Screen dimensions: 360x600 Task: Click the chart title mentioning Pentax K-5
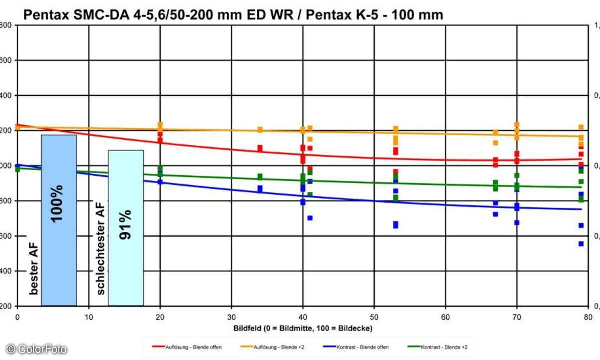point(233,15)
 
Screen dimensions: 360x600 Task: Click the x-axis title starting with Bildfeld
point(303,328)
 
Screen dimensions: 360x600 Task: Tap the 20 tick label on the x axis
point(160,317)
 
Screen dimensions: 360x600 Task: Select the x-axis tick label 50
point(374,317)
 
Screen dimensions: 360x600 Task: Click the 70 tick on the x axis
point(517,317)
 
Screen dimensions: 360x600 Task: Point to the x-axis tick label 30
point(231,317)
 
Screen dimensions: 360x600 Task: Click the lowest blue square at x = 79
point(581,244)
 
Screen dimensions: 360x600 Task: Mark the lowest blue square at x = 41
point(310,218)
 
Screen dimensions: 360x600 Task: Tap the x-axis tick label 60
point(445,317)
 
